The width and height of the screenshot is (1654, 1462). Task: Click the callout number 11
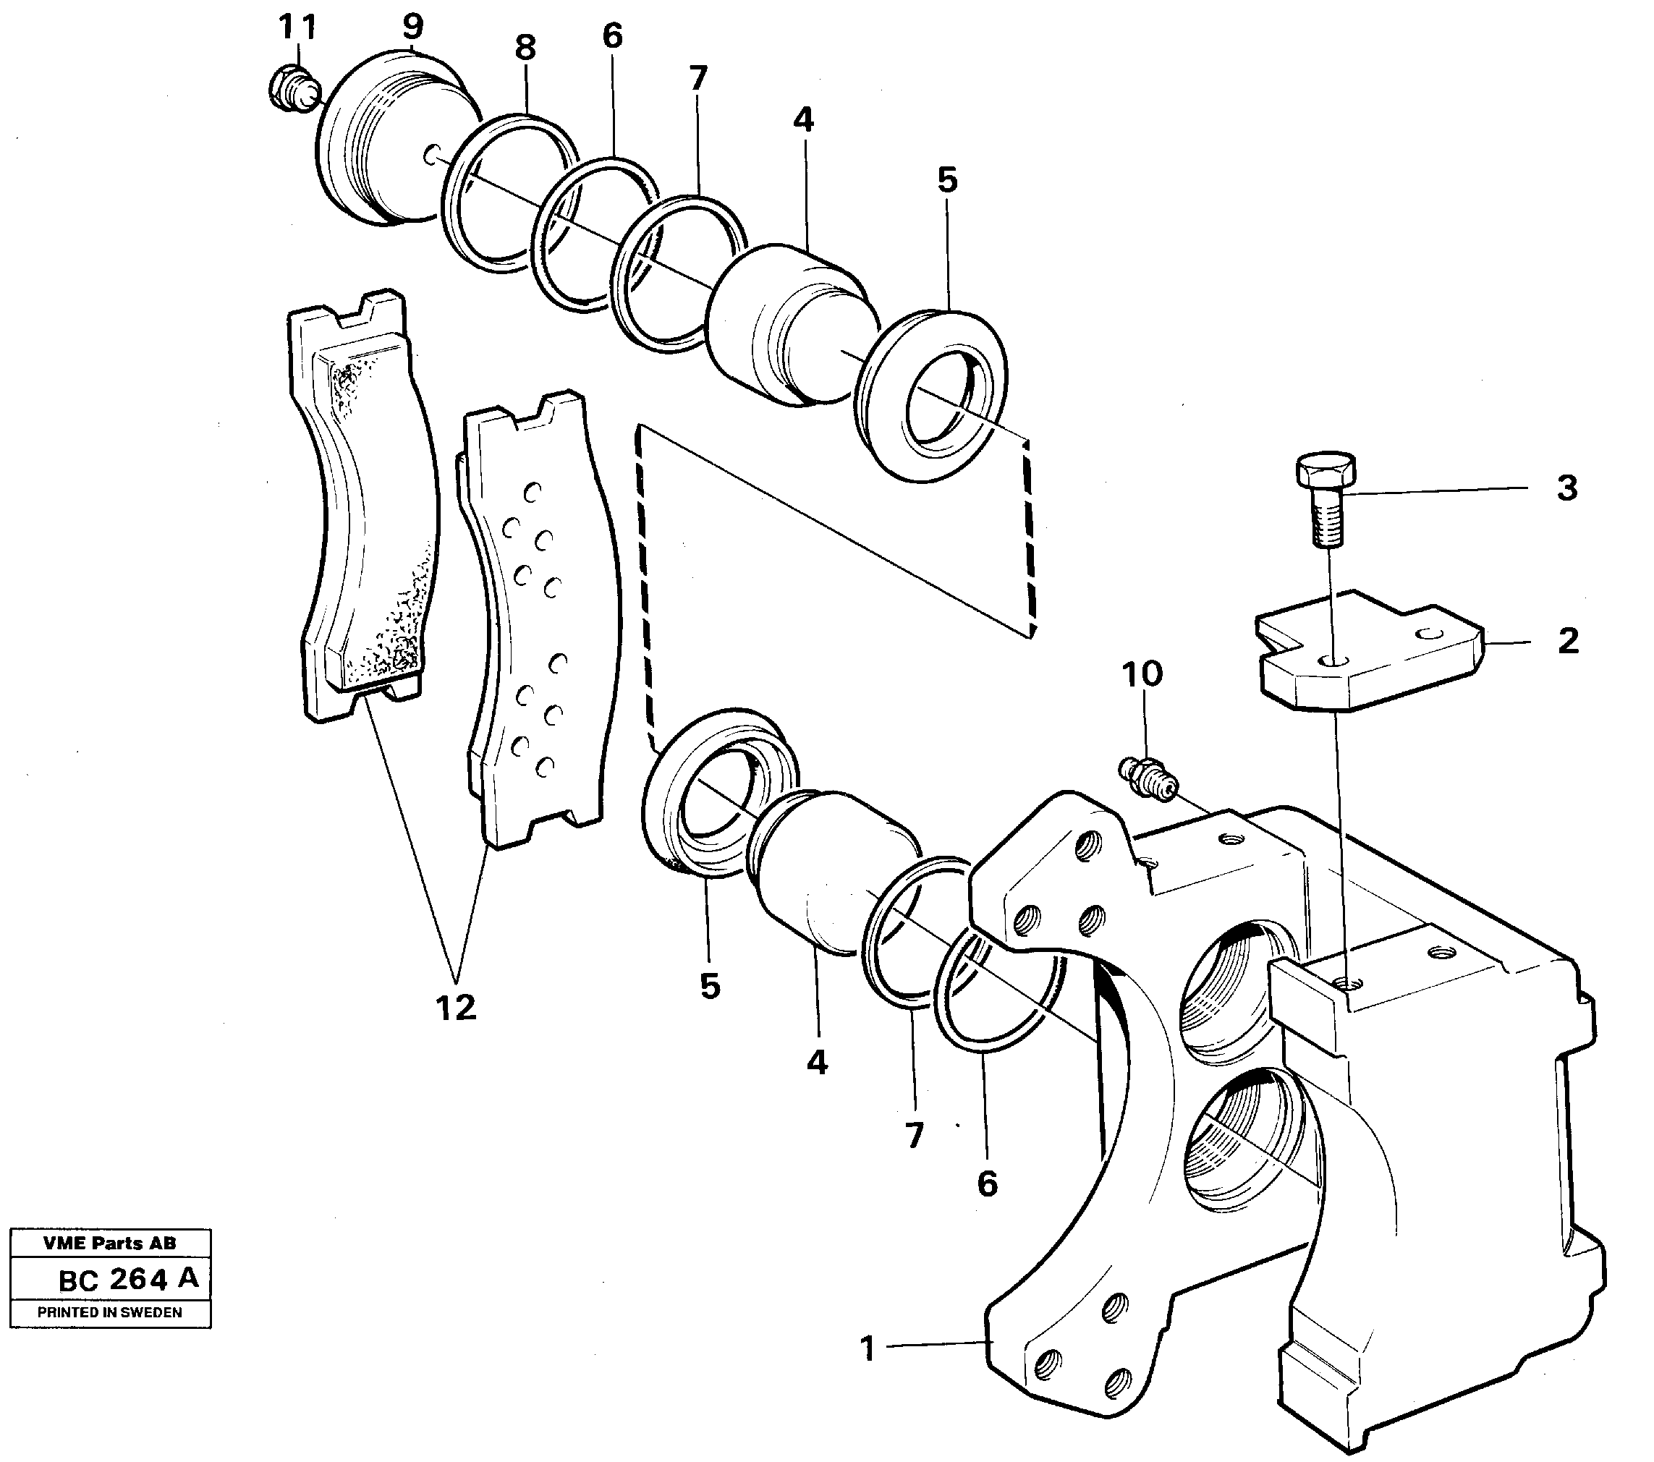tap(297, 28)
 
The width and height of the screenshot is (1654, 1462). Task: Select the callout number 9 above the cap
tap(412, 27)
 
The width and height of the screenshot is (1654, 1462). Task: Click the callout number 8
tap(525, 48)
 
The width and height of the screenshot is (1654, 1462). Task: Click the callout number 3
tap(1567, 489)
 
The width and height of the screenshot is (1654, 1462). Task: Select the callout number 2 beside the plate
tap(1567, 642)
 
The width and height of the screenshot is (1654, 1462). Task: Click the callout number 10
tap(1142, 673)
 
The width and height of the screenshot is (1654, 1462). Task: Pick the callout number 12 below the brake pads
tap(456, 1008)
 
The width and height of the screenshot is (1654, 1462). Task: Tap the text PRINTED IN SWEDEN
tap(110, 1312)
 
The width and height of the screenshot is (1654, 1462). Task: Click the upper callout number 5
tap(948, 180)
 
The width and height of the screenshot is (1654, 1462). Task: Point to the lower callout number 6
tap(987, 1184)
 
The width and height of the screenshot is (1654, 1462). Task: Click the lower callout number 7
tap(915, 1136)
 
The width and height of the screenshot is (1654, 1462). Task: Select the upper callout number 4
tap(802, 120)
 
